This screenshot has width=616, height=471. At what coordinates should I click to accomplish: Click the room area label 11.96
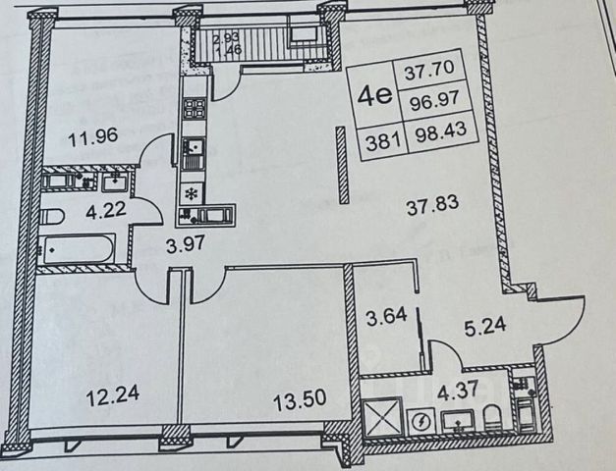click(x=96, y=136)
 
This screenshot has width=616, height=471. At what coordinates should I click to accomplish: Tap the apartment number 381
click(x=380, y=140)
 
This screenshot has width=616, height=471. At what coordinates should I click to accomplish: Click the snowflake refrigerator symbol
click(x=193, y=192)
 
